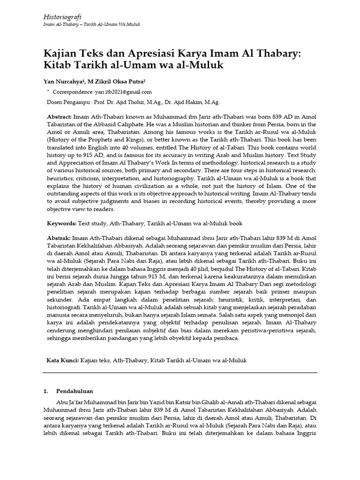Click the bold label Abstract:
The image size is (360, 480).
(59, 116)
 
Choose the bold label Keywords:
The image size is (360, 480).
(62, 224)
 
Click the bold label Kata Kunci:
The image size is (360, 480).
(62, 360)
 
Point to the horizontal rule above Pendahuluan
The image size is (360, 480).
(180, 373)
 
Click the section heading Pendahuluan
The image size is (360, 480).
(75, 390)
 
